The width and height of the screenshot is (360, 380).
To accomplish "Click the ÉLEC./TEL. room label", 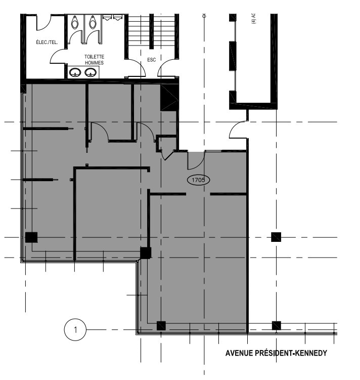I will coord(47,43).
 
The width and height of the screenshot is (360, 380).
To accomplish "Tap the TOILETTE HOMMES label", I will coord(95,60).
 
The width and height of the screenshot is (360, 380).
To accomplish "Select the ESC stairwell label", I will coord(151,59).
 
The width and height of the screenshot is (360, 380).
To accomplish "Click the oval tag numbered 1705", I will coord(199,179).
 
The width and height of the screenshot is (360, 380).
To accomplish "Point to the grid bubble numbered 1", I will coord(75,330).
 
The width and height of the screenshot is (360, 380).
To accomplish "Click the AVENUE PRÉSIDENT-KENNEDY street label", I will coord(276,353).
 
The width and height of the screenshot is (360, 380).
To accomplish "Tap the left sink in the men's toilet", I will coord(76,72).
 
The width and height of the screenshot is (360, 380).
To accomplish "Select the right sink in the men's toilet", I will coord(91,72).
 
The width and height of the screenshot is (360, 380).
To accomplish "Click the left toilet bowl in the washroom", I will coord(75,22).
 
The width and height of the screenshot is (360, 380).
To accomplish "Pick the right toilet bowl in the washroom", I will coord(92,22).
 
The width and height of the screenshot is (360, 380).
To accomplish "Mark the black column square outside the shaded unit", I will coord(276,237).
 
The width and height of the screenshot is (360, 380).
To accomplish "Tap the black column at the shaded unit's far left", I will coord(31,237).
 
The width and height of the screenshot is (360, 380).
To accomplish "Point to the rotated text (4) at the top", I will coord(254,19).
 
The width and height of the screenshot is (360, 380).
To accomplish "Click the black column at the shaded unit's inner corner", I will coord(146,252).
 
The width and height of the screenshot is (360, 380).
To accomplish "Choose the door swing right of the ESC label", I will coord(166,68).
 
